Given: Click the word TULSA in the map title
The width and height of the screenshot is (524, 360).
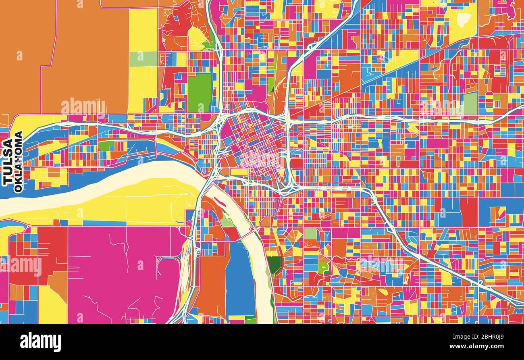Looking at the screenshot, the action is click(x=8, y=162).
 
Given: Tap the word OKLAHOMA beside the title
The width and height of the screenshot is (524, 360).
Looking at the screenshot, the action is click(x=18, y=162).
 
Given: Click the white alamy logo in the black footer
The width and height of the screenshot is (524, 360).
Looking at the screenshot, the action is click(x=40, y=342).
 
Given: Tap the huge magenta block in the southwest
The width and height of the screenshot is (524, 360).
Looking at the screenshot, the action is click(x=121, y=274).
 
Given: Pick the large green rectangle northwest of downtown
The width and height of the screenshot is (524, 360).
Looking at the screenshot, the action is click(x=199, y=93).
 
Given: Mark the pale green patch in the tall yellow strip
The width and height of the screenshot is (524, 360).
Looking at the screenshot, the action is click(x=143, y=59).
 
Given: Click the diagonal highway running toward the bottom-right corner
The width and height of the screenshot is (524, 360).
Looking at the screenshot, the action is click(x=443, y=266).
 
